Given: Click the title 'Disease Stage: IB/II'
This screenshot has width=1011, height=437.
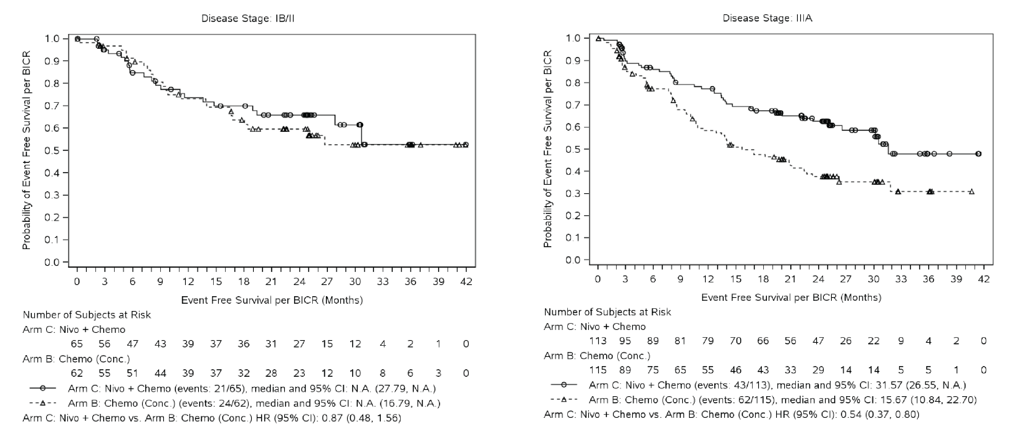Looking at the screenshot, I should [248, 18].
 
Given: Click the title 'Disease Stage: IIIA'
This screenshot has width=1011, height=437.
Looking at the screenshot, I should [767, 18].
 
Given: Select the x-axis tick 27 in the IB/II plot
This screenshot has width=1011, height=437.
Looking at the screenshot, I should [327, 282].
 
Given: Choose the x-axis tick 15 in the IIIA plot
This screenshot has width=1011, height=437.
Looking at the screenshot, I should [736, 279].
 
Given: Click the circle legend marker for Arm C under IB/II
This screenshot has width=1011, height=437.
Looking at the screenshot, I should [43, 388].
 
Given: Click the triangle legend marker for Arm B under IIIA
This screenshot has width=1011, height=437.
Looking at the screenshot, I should [564, 400].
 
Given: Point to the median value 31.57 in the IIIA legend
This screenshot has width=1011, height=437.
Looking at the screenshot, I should [890, 386].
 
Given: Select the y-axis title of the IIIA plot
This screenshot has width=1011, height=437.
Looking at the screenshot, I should [547, 149].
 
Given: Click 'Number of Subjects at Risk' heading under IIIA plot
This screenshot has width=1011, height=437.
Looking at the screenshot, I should [607, 312].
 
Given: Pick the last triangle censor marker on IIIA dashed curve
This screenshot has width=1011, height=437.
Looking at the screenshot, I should [972, 192].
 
